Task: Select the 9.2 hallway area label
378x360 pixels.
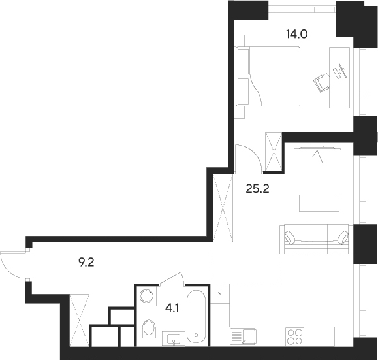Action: point(87,263)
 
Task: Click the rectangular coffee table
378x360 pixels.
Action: point(319,203)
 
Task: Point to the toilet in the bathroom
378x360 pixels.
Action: point(149,327)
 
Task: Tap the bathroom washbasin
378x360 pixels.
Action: point(174,338)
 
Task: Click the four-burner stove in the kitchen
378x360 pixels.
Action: point(295,336)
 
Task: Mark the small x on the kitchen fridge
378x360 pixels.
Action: point(219,294)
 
